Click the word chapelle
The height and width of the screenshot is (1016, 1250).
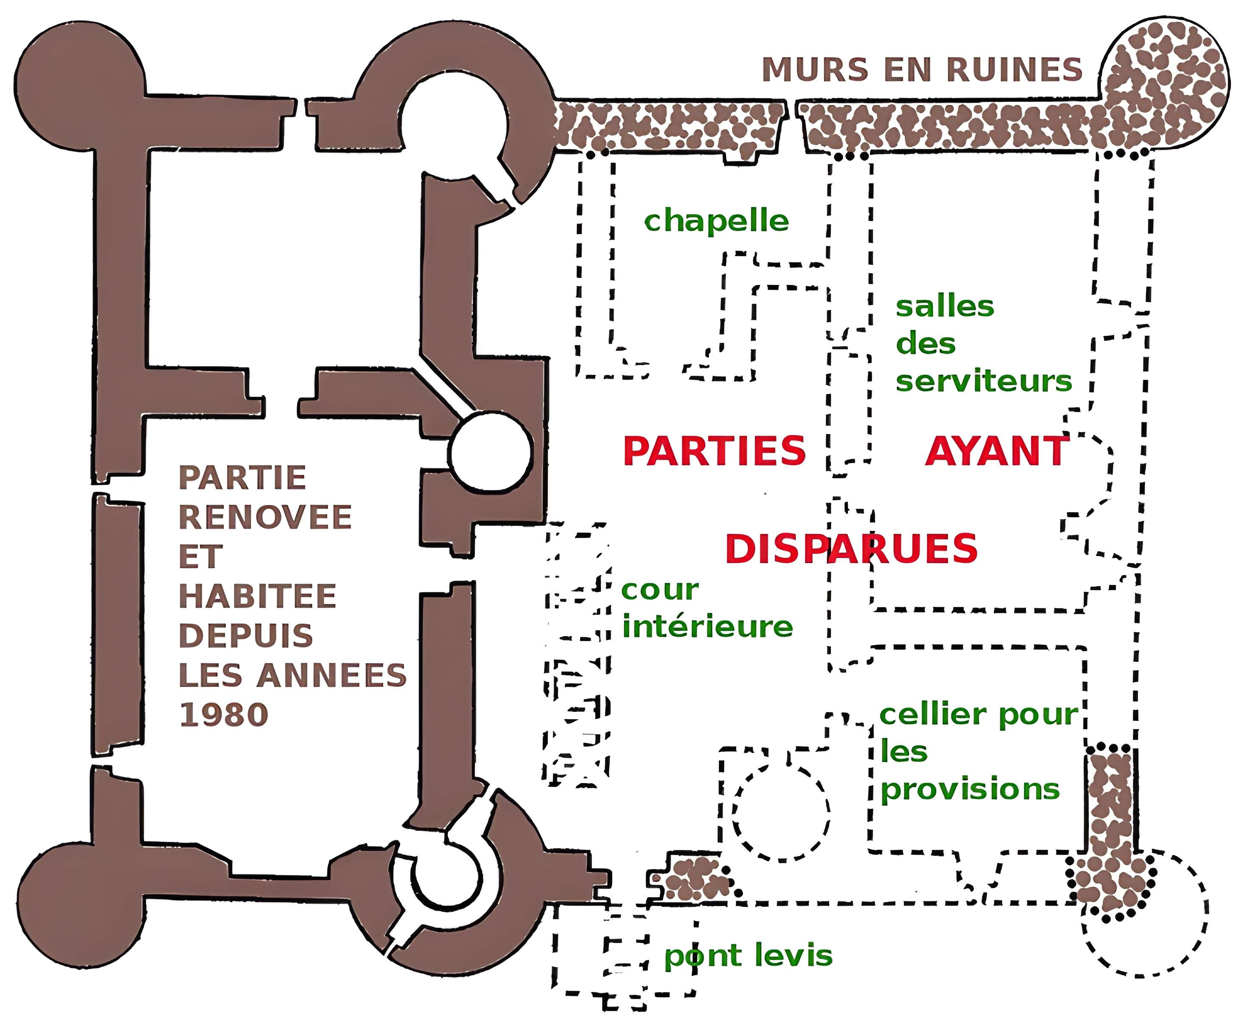click(716, 221)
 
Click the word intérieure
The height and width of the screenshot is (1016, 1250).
click(707, 627)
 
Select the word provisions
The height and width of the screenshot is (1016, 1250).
click(970, 790)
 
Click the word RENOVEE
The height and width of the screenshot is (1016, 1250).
click(265, 517)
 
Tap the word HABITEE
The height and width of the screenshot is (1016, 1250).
click(257, 596)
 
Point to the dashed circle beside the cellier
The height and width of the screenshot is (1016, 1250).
click(781, 811)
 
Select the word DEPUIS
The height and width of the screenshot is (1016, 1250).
click(246, 636)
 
